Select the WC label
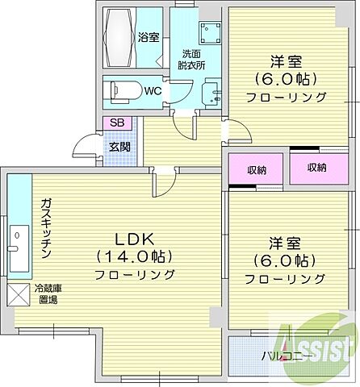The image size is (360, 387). (x=153, y=91)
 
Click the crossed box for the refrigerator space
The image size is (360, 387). (x=17, y=293)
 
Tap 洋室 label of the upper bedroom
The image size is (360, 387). (x=287, y=60)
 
